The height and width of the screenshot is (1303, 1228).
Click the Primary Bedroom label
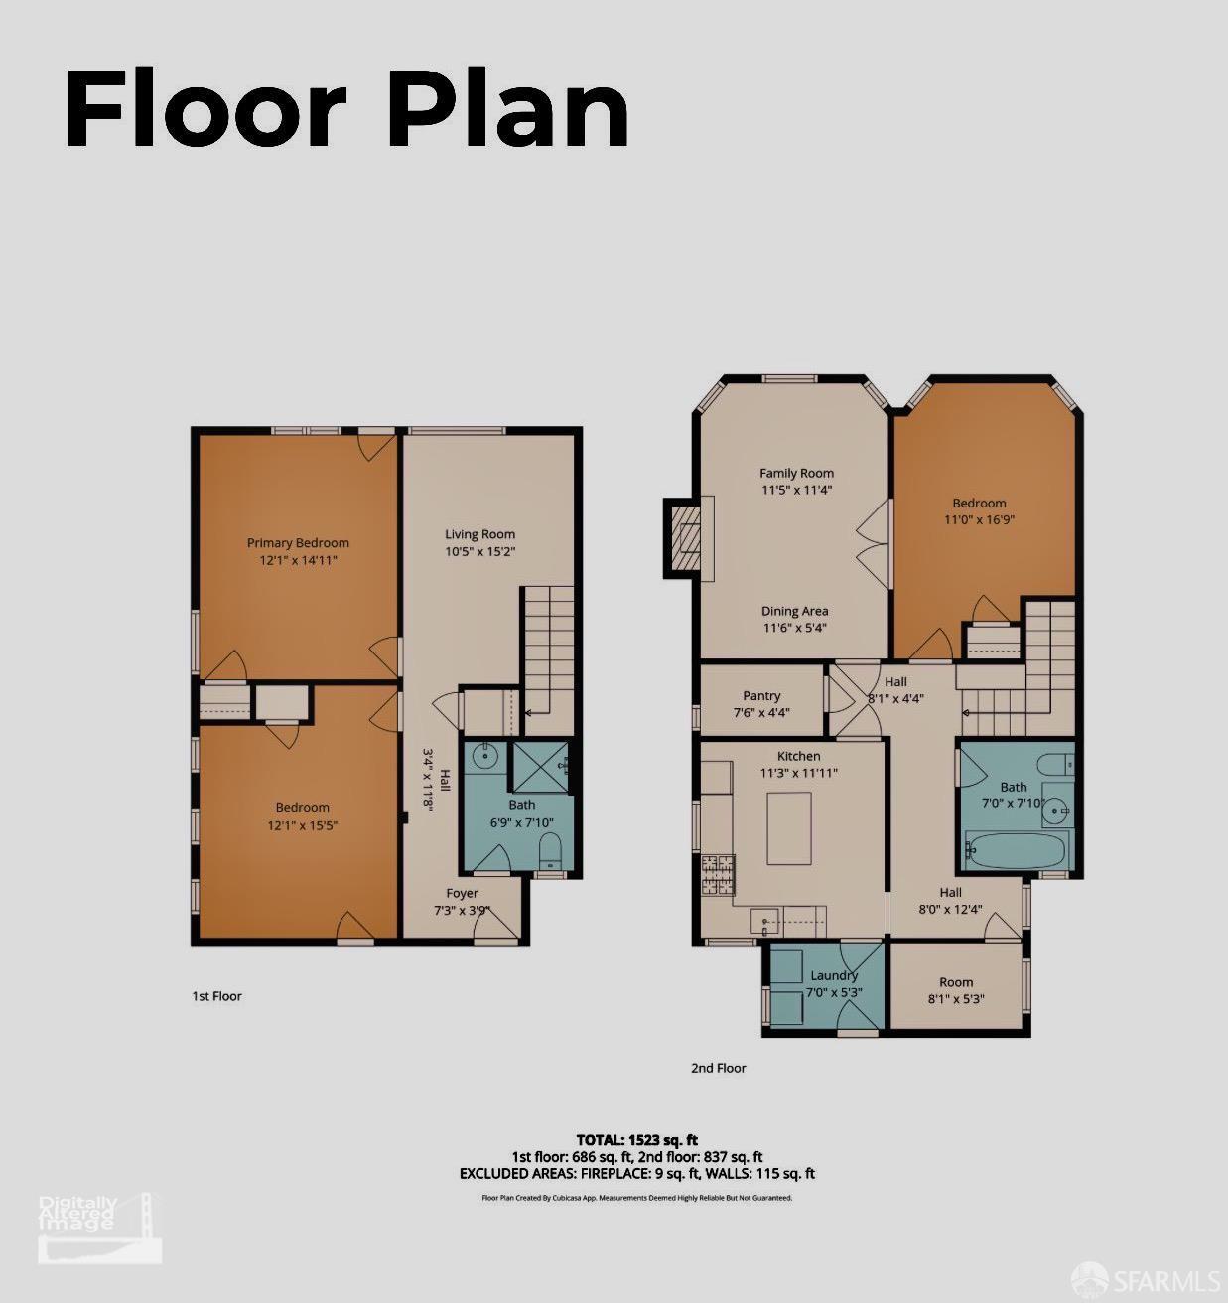pyautogui.click(x=298, y=543)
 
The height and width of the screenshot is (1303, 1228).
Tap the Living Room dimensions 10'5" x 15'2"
pyautogui.click(x=479, y=551)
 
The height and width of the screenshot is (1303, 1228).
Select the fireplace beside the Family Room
pyautogui.click(x=685, y=536)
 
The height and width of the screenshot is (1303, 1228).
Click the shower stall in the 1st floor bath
pyautogui.click(x=539, y=766)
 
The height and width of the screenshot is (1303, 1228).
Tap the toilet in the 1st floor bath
pyautogui.click(x=549, y=851)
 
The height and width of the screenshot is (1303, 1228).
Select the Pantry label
pyautogui.click(x=761, y=696)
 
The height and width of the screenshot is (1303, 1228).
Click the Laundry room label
pyautogui.click(x=834, y=975)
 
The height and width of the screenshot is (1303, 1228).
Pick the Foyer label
pyautogui.click(x=462, y=893)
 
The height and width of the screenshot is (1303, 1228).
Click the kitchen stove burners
pyautogui.click(x=719, y=873)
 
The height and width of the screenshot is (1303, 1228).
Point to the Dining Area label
pyautogui.click(x=794, y=611)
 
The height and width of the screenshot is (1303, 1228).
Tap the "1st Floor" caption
pyautogui.click(x=216, y=996)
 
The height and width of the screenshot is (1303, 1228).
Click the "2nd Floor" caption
pyautogui.click(x=718, y=1068)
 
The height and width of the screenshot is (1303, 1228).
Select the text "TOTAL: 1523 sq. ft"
pyautogui.click(x=636, y=1139)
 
